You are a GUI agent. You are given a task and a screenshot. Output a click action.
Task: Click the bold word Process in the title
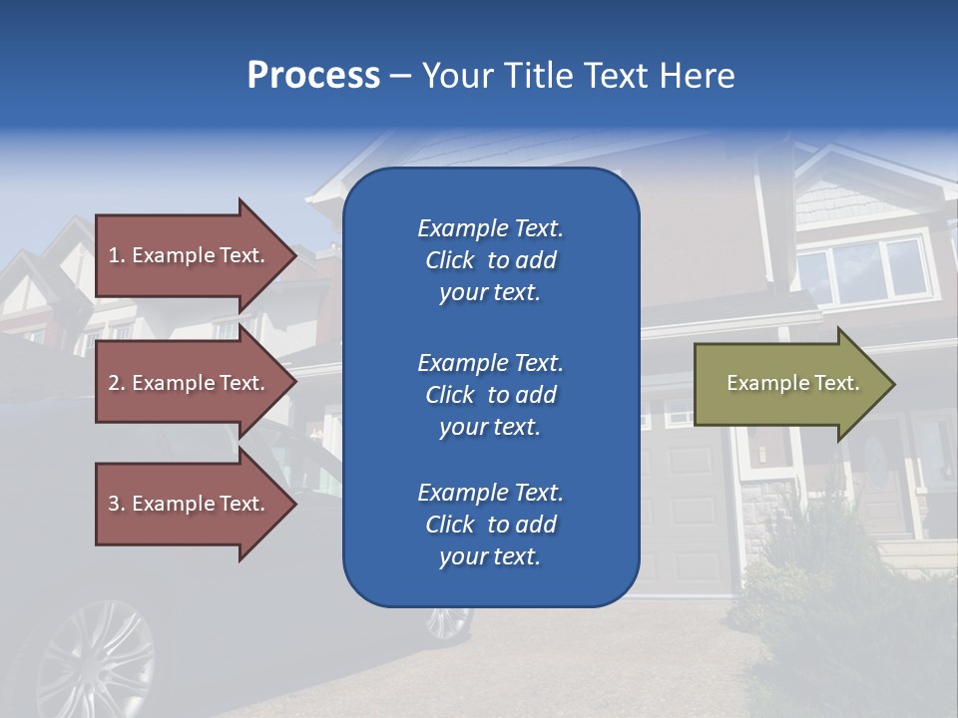(313, 76)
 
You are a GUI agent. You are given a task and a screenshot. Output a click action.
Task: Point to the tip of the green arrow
(890, 384)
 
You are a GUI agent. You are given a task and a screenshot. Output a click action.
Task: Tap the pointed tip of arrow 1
(292, 255)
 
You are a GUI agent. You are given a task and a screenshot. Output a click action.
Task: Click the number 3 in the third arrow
(113, 504)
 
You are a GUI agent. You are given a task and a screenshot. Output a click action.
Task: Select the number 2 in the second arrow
(113, 383)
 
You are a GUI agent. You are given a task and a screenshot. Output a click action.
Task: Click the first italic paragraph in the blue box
(490, 260)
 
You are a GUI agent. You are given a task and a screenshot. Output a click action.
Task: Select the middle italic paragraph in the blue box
(490, 395)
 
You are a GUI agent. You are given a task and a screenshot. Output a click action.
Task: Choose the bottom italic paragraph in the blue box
(490, 525)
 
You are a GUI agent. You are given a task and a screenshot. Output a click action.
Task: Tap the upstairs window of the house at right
(864, 269)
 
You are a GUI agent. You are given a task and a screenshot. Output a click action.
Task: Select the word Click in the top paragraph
(450, 260)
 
